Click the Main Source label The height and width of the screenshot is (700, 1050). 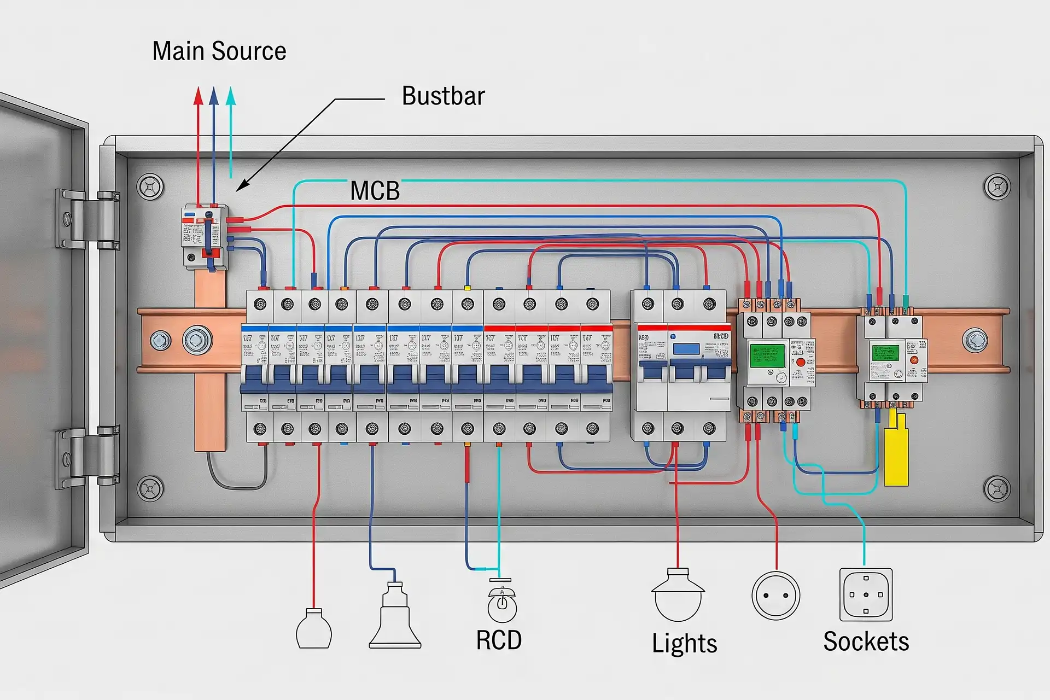[219, 51]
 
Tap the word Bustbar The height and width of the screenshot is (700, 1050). [443, 96]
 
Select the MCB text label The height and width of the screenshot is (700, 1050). [375, 191]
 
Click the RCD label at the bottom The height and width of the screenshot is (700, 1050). [498, 640]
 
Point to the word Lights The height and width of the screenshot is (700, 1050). [684, 643]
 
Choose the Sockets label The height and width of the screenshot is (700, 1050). [866, 641]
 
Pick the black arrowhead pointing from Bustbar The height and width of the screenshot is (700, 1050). [242, 185]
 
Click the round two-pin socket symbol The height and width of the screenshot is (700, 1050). [775, 596]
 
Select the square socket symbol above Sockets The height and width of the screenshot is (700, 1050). [866, 594]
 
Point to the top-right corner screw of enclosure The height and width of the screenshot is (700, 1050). [996, 187]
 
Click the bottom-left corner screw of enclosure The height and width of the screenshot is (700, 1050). [150, 488]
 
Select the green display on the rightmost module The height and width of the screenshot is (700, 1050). [885, 352]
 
